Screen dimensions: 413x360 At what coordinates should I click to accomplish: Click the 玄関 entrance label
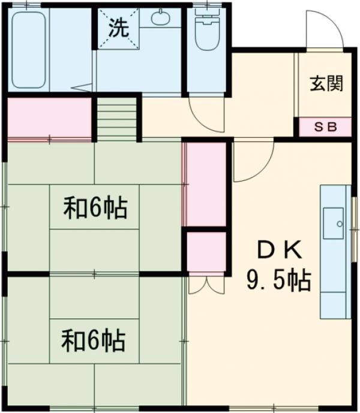(326, 83)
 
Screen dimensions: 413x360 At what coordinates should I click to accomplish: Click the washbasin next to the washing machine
(160, 18)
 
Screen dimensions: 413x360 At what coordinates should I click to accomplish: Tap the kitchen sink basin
(333, 222)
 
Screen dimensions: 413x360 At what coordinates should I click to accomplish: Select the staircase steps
(117, 120)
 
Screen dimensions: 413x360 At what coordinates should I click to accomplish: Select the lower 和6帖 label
(93, 340)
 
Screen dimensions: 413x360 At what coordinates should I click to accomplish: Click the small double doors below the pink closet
(206, 285)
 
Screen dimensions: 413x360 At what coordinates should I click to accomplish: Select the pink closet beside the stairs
(49, 117)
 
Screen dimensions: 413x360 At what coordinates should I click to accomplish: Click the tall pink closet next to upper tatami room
(205, 183)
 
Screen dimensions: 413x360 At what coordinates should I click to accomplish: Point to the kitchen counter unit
(335, 251)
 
